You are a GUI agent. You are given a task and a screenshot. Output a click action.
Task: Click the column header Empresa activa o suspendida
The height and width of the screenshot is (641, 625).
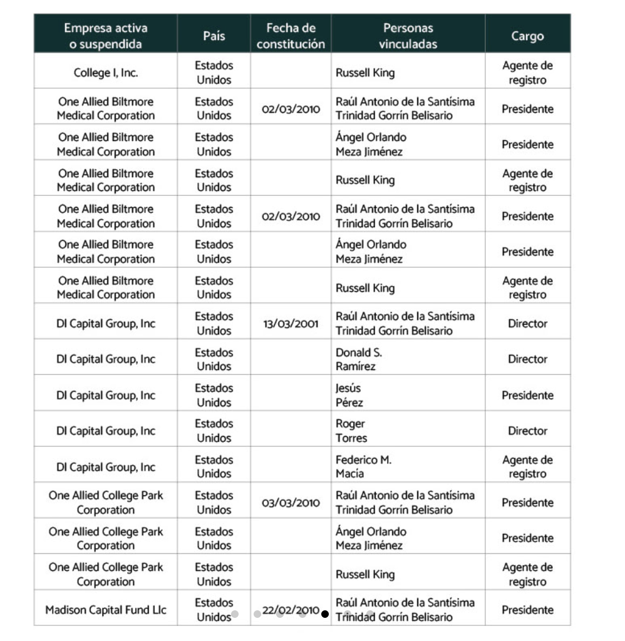(x=105, y=36)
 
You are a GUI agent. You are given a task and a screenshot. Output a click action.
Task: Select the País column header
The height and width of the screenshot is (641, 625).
(x=214, y=36)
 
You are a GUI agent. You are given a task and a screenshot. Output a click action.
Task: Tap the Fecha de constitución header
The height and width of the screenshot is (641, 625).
(x=291, y=36)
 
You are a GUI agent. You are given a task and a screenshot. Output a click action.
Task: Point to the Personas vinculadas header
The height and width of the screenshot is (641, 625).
(x=408, y=36)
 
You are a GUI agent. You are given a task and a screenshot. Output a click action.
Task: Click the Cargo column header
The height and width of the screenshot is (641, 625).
(x=527, y=36)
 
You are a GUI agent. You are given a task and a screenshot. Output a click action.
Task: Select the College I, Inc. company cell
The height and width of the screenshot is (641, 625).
(x=105, y=73)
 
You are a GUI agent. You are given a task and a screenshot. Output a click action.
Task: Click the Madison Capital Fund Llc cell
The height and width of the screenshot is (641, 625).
(x=105, y=610)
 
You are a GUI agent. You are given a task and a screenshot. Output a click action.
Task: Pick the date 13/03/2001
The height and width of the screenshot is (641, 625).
(x=291, y=324)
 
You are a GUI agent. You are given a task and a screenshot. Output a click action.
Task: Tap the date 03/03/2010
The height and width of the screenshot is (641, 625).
(x=291, y=503)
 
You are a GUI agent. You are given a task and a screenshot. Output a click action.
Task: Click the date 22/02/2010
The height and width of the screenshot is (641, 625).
(x=291, y=610)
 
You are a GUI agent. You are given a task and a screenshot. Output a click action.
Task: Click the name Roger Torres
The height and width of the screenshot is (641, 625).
(x=351, y=431)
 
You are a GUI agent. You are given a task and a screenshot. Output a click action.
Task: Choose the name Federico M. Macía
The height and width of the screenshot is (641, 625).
(x=363, y=467)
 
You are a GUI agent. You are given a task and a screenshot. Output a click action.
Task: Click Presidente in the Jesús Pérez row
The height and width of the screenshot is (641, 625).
(x=527, y=395)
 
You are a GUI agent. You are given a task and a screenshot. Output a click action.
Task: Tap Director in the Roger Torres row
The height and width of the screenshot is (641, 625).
(x=527, y=431)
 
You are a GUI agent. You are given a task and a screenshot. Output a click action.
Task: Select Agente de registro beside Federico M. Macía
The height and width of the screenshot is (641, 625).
(x=527, y=467)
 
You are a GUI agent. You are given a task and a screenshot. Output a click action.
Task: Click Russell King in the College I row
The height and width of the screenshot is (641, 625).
(x=365, y=73)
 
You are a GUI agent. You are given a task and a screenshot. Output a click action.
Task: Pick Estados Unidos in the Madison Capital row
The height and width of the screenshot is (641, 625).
(x=214, y=610)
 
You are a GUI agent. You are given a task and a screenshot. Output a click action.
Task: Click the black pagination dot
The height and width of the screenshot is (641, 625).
(x=324, y=614)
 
